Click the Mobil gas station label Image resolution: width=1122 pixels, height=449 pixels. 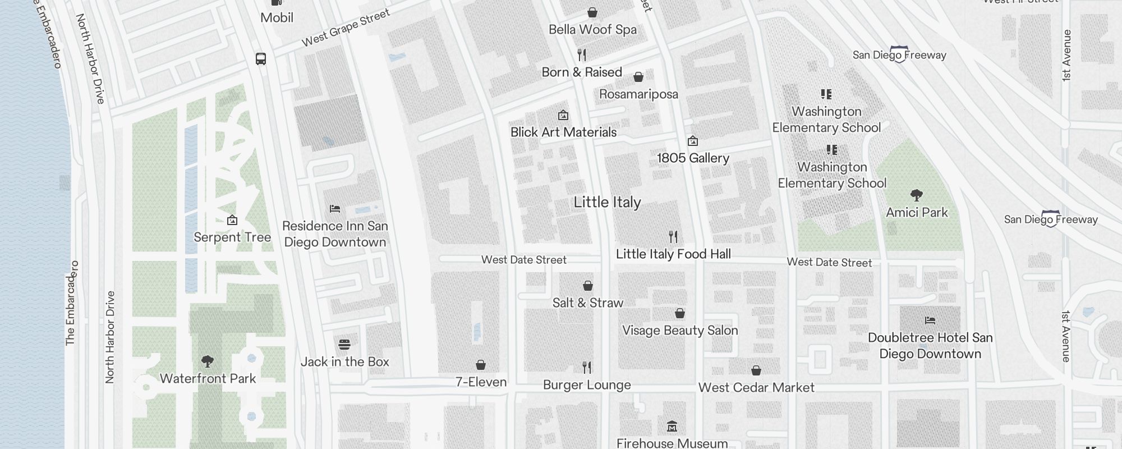(x=277, y=17)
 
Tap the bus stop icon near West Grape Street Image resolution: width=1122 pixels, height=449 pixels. (x=261, y=59)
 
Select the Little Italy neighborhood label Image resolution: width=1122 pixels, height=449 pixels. (x=607, y=203)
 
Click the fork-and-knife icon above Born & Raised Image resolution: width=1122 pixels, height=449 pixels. (x=582, y=55)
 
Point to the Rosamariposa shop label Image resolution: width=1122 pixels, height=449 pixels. (x=638, y=94)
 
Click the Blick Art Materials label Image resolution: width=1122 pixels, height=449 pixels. (x=563, y=132)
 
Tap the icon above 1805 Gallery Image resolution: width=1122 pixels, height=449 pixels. (x=693, y=141)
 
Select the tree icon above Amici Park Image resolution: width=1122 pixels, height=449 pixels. (x=917, y=195)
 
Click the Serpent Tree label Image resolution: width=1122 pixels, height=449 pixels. (x=232, y=237)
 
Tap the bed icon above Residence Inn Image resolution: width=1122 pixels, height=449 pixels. (x=335, y=209)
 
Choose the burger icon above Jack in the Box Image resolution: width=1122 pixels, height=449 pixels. (x=344, y=344)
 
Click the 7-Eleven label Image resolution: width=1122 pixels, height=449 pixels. (x=481, y=382)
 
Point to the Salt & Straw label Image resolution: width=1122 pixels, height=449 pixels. (x=587, y=303)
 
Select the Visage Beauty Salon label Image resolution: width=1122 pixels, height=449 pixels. (x=680, y=331)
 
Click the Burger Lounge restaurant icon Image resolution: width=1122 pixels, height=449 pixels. (x=587, y=368)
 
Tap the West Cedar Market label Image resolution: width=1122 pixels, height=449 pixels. (x=756, y=388)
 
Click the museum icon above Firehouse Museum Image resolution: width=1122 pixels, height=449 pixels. (x=672, y=427)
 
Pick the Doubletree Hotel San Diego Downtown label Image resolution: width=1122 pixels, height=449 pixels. (x=930, y=346)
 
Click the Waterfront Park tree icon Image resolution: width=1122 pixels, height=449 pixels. (x=208, y=361)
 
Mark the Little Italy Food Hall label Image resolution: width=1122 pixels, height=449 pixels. (x=673, y=254)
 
